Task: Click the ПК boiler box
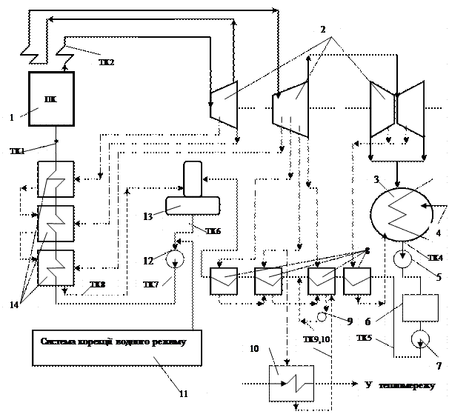click(51, 99)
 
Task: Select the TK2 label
click(108, 63)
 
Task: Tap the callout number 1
click(11, 117)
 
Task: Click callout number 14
click(14, 304)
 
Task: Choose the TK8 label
click(98, 284)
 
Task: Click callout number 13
click(147, 216)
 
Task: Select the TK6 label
click(213, 232)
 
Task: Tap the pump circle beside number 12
click(176, 259)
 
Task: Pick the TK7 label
click(151, 284)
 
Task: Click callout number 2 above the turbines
click(323, 30)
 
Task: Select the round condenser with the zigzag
click(401, 213)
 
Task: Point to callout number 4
click(438, 233)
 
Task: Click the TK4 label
click(435, 258)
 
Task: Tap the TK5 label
click(365, 338)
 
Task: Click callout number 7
click(439, 366)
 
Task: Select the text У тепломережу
click(402, 387)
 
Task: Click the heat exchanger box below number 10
click(291, 384)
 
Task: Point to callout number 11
click(183, 394)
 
